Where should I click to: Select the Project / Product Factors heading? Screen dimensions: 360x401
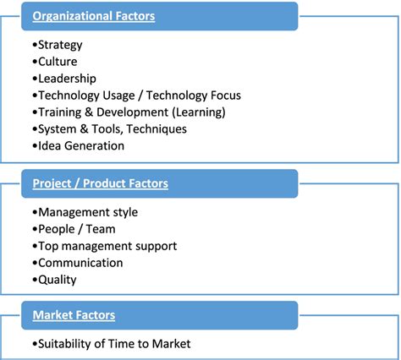pos(101,183)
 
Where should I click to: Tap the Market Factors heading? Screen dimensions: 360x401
pos(74,315)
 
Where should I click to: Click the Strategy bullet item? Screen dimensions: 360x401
pos(59,45)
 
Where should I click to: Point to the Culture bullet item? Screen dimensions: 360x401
pos(56,62)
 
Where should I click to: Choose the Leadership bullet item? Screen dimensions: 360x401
pos(65,79)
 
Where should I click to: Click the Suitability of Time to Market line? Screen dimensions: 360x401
pos(114,344)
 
